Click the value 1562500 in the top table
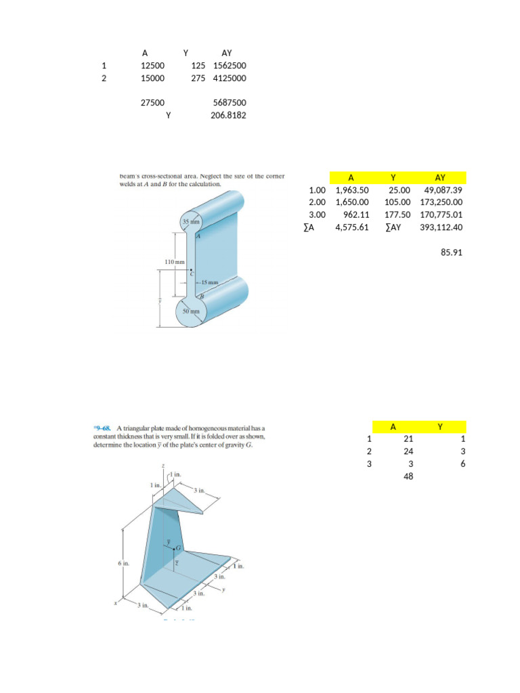tap(230, 66)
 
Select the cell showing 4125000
tap(230, 79)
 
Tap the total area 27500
tap(152, 103)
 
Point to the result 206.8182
tap(229, 116)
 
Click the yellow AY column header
tap(440, 177)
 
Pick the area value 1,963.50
tap(352, 190)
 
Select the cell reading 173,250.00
tap(441, 202)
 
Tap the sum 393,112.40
tap(441, 227)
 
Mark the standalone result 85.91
tap(451, 253)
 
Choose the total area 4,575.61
tap(352, 227)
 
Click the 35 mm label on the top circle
tap(190, 223)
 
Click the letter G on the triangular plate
tap(179, 547)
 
